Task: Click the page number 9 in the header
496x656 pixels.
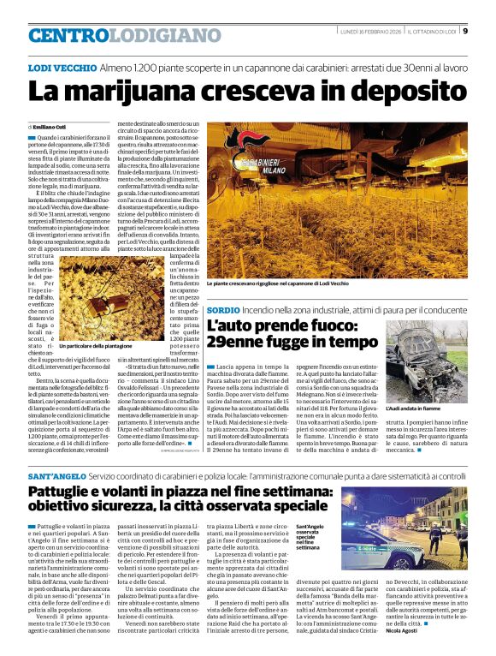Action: [x=465, y=32]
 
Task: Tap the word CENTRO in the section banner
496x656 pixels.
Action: [x=69, y=35]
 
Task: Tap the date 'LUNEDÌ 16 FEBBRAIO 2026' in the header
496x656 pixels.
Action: [x=369, y=33]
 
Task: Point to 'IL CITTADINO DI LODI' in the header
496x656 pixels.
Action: [x=432, y=33]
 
